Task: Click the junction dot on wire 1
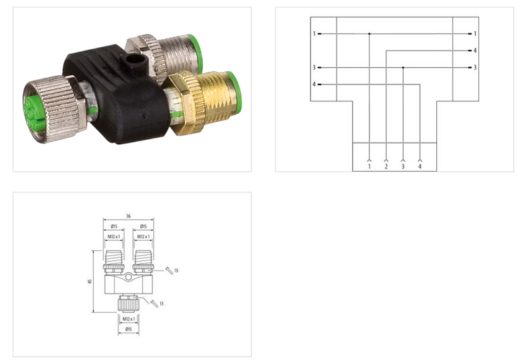tap(369, 33)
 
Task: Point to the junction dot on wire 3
tap(403, 67)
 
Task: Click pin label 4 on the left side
tap(314, 85)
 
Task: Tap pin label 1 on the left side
tap(314, 33)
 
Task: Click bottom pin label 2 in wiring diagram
tap(386, 166)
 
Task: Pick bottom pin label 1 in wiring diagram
tap(369, 166)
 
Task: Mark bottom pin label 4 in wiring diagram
tap(420, 166)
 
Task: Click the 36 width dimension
tap(128, 215)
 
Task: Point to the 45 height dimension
tap(90, 281)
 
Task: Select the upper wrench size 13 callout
tap(178, 270)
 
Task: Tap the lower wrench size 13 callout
tap(162, 303)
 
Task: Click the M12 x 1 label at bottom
tap(128, 318)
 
